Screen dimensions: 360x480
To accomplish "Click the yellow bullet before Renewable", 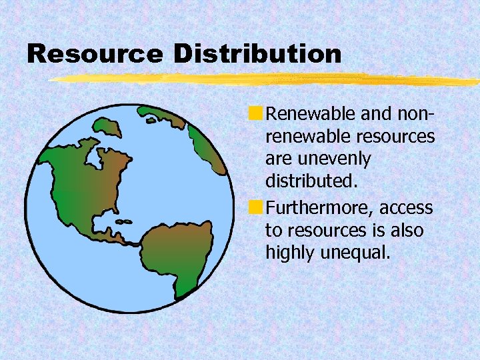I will point(257,115).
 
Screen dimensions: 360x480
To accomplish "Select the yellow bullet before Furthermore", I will point(257,208).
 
